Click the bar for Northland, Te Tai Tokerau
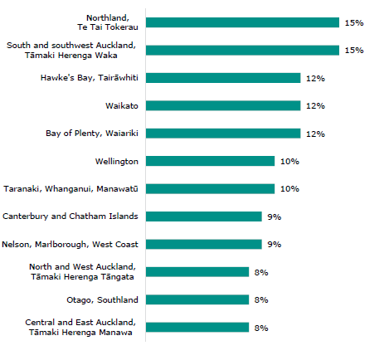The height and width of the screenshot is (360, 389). [x=242, y=22]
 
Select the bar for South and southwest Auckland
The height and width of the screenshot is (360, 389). [x=242, y=50]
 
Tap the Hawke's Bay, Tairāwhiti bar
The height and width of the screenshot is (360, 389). [x=223, y=78]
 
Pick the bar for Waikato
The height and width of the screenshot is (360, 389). [x=223, y=105]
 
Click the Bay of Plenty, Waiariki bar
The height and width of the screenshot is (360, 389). [x=223, y=134]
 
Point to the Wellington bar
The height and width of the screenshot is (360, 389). [x=210, y=161]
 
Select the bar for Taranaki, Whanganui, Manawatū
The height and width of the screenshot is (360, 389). [x=210, y=189]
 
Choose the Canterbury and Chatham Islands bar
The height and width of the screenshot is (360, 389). [x=203, y=216]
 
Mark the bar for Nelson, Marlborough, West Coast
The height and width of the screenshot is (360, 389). [x=203, y=245]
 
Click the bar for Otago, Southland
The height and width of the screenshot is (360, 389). [x=197, y=299]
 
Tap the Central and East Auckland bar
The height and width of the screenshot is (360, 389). [x=197, y=328]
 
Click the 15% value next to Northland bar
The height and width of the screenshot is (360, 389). [x=354, y=23]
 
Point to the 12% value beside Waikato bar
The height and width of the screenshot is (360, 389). [x=315, y=106]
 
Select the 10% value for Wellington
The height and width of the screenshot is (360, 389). [x=289, y=162]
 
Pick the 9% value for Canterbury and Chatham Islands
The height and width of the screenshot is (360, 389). [x=274, y=217]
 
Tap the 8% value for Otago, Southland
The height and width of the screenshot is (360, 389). [x=261, y=300]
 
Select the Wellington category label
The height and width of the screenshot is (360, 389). [x=117, y=161]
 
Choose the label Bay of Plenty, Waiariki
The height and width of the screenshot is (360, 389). [x=91, y=134]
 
